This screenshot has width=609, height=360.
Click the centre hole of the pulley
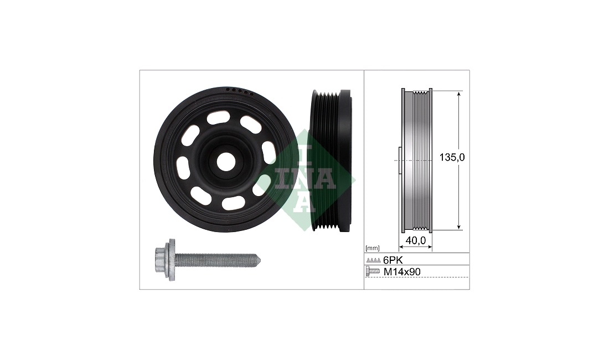pyautogui.click(x=224, y=162)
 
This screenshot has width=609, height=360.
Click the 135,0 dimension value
pyautogui.click(x=452, y=157)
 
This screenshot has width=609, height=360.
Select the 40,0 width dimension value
pyautogui.click(x=415, y=241)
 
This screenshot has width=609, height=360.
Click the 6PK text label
pyautogui.click(x=393, y=260)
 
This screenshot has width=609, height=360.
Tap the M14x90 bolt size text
pyautogui.click(x=402, y=272)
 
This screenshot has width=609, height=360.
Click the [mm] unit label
pyautogui.click(x=373, y=248)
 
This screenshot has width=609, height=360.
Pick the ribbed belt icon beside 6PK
pyautogui.click(x=373, y=260)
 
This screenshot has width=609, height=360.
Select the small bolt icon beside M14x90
pyautogui.click(x=373, y=272)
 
